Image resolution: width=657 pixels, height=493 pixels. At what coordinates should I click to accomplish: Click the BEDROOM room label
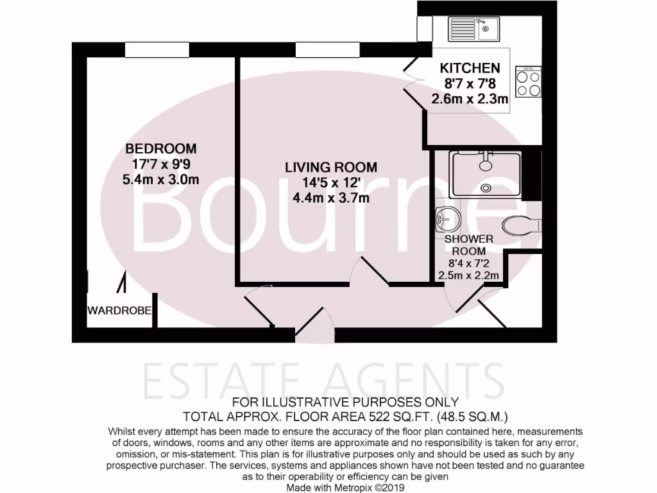pyautogui.click(x=160, y=149)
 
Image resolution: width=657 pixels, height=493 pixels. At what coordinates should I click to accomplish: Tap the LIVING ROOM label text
pyautogui.click(x=331, y=168)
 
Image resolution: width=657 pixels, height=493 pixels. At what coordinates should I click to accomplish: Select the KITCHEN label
pyautogui.click(x=469, y=68)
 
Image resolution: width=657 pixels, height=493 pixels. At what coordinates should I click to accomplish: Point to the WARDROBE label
pyautogui.click(x=119, y=311)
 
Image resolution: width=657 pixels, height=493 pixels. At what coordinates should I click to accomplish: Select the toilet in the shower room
pyautogui.click(x=521, y=225)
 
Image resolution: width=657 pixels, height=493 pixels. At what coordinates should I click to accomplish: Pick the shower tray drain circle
pyautogui.click(x=486, y=188)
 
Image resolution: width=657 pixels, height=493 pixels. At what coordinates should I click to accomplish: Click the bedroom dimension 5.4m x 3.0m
pyautogui.click(x=160, y=180)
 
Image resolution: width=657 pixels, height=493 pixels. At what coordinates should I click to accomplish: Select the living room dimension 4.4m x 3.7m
pyautogui.click(x=331, y=198)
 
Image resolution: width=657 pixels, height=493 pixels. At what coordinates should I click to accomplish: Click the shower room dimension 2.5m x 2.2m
pyautogui.click(x=468, y=276)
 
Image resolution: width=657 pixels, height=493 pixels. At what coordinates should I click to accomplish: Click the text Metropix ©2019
pyautogui.click(x=378, y=488)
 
